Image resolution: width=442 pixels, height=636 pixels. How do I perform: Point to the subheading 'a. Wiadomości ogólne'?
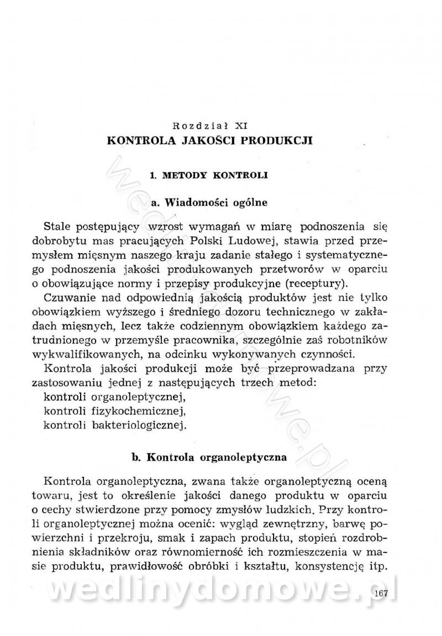tap(209, 203)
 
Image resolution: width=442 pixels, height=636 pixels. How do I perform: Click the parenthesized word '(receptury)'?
tap(318, 285)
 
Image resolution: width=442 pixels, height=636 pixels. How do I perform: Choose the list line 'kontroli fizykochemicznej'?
tap(113, 412)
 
